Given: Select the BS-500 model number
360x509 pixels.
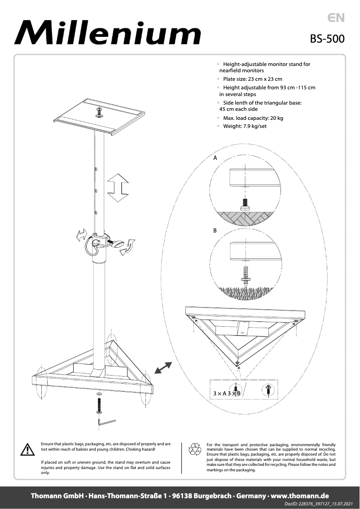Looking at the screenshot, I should (x=327, y=39).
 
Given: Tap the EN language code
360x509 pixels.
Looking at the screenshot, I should (x=336, y=18).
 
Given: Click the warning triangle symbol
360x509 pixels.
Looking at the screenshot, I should (x=27, y=449).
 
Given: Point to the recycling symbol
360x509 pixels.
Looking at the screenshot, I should (x=195, y=449).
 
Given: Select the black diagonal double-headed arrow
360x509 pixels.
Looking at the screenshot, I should (x=162, y=368).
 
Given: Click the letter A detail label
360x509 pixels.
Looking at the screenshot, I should (x=215, y=158).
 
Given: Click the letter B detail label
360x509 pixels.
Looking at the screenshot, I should (x=215, y=230).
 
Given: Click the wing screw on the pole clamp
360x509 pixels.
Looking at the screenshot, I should (x=118, y=244).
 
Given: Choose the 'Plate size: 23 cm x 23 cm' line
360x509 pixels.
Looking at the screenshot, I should (x=252, y=79).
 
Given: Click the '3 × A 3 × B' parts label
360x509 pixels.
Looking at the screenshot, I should (x=227, y=393).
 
